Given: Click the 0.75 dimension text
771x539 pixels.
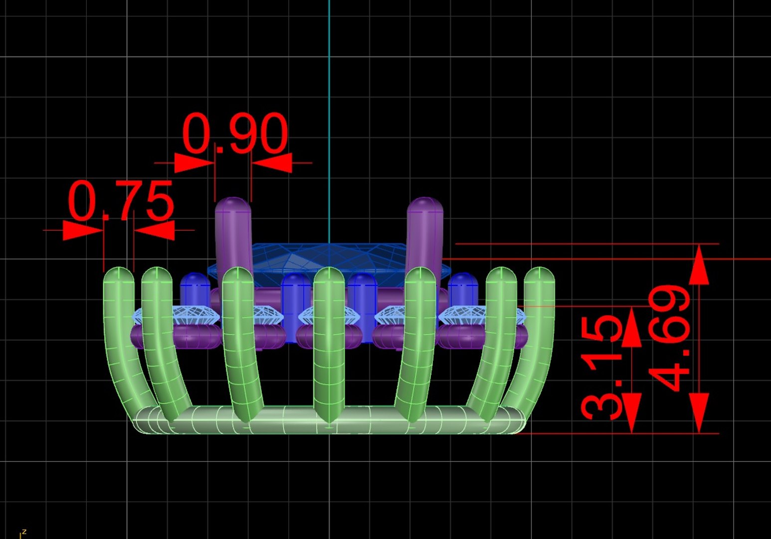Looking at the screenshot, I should [x=121, y=201].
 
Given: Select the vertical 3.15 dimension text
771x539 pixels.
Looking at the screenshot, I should [x=602, y=367].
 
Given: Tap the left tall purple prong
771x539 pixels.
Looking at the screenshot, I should [x=233, y=235].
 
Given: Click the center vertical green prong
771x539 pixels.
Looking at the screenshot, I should [x=329, y=344].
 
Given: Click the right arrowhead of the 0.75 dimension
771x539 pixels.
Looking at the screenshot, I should [x=155, y=230].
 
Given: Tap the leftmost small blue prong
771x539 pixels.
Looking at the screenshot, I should [x=194, y=289].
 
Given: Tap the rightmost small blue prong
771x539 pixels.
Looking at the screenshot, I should [x=463, y=289].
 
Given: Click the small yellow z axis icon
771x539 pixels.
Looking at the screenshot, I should [x=22, y=534].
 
